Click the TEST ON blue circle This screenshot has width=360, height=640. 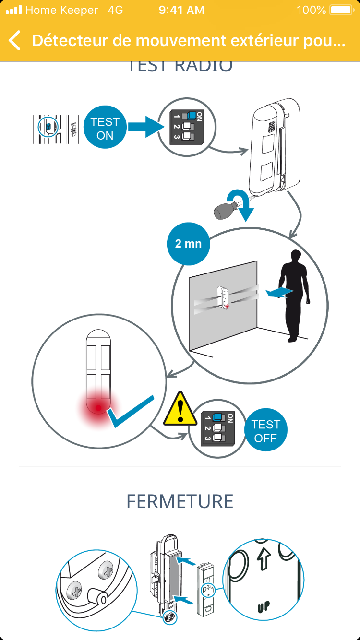[105, 128]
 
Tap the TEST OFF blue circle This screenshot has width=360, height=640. [265, 431]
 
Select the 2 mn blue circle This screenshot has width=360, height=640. [188, 244]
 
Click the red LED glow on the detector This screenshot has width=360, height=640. [98, 408]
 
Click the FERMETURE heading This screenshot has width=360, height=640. [180, 501]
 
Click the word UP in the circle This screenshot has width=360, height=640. [263, 606]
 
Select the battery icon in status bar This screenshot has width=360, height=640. [341, 10]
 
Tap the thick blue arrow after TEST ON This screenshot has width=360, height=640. [144, 129]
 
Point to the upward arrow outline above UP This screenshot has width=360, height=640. [264, 561]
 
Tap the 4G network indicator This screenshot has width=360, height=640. [116, 10]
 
